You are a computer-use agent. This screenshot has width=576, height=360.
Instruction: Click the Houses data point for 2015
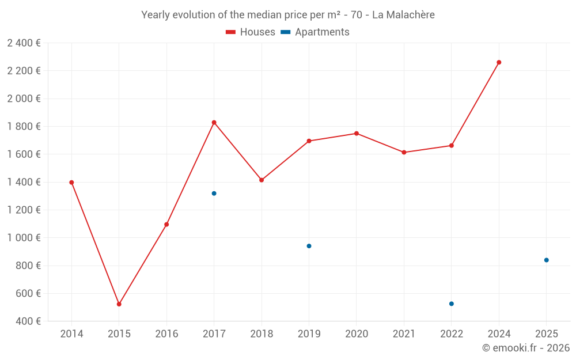click(x=119, y=304)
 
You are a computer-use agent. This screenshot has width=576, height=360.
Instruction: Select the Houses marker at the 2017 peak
click(x=214, y=123)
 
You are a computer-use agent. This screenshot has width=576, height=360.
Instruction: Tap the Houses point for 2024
click(x=499, y=62)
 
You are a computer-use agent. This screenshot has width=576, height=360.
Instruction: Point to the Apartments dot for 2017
click(x=214, y=194)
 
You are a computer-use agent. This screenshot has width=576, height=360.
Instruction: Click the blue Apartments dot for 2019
click(x=309, y=246)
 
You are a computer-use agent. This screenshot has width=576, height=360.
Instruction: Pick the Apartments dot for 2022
click(x=452, y=304)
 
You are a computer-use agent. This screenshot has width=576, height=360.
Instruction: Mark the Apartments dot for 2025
click(x=546, y=260)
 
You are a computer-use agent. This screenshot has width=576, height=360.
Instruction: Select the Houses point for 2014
click(x=71, y=183)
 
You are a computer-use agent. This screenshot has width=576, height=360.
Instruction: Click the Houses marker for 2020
click(x=357, y=134)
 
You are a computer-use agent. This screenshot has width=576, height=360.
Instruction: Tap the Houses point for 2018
click(x=262, y=180)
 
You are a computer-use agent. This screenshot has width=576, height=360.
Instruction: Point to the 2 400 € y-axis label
click(x=24, y=43)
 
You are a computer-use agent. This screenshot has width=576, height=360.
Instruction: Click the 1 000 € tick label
click(x=24, y=238)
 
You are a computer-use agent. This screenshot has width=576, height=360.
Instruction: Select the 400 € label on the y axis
click(x=28, y=321)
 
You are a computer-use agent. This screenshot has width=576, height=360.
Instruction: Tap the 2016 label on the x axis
click(x=166, y=334)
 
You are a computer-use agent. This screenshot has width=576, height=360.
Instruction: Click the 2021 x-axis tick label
click(x=404, y=334)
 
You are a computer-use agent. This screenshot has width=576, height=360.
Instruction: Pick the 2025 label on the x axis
click(x=546, y=334)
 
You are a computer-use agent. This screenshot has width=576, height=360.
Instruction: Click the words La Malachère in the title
click(x=403, y=15)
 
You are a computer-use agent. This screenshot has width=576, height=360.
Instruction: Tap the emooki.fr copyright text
click(x=525, y=348)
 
